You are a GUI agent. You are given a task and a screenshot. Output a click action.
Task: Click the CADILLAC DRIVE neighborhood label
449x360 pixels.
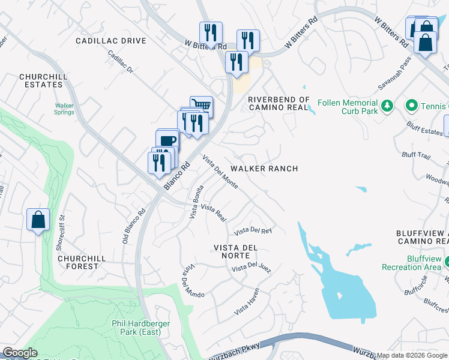click(111, 41)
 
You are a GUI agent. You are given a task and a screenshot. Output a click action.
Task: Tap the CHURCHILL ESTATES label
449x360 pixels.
click(41, 81)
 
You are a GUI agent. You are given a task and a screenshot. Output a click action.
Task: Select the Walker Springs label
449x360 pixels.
click(64, 108)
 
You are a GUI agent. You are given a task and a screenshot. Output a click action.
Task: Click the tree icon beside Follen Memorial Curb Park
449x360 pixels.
click(388, 106)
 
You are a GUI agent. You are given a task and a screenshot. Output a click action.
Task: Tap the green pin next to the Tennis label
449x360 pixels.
click(411, 106)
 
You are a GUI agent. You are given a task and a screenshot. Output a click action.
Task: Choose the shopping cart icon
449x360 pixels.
click(202, 106)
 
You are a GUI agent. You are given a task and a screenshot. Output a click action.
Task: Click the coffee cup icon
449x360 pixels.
click(167, 140)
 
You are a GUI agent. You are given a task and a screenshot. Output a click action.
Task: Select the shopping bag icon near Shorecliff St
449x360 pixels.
click(38, 220)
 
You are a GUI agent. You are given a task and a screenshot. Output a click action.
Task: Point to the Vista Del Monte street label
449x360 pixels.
click(220, 172)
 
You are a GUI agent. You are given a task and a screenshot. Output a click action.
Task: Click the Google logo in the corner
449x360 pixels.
click(20, 353)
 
